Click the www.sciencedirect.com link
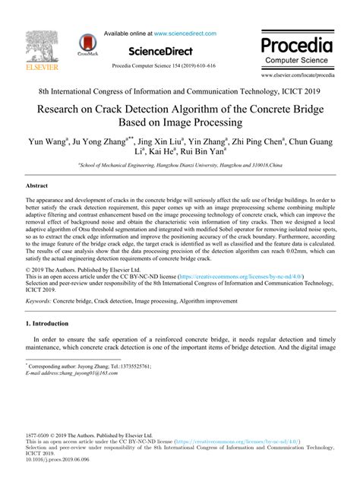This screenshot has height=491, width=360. click(185, 33)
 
